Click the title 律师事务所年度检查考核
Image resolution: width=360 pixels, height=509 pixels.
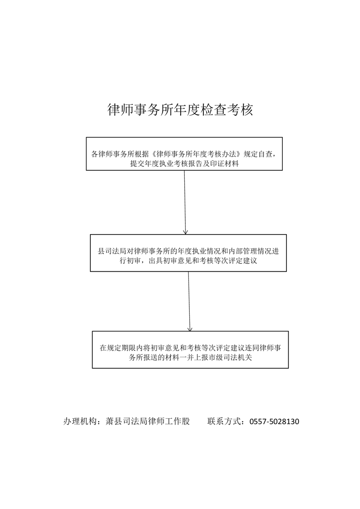point(180,110)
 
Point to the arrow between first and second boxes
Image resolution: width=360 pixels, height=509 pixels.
point(185,202)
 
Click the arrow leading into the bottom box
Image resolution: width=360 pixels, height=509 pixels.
point(189,301)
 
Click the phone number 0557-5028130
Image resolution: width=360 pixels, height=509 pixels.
point(274,421)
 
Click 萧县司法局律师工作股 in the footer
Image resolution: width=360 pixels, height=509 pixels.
point(148,421)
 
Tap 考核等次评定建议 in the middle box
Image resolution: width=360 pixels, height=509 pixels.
point(228,261)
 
